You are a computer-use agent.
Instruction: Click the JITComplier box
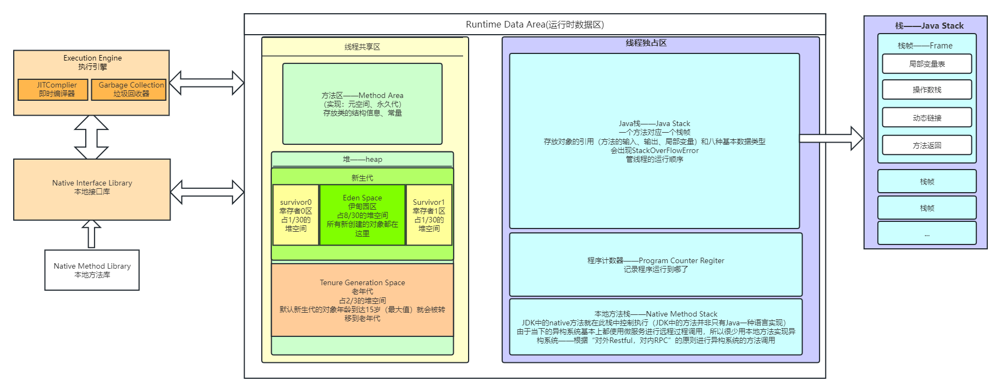pyautogui.click(x=53, y=89)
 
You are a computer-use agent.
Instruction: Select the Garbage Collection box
pyautogui.click(x=129, y=89)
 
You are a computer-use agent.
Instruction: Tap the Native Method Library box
pyautogui.click(x=92, y=270)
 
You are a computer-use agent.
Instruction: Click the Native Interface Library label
pyautogui.click(x=92, y=183)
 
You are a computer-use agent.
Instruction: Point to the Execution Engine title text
pyautogui.click(x=92, y=58)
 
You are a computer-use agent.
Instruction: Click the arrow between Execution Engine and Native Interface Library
pyautogui.click(x=91, y=137)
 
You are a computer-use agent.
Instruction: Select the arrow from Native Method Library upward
pyautogui.click(x=91, y=235)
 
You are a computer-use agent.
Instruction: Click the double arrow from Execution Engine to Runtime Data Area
pyautogui.click(x=206, y=83)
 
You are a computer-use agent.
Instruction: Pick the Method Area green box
pyautogui.click(x=362, y=104)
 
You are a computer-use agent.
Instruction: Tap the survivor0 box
pyautogui.click(x=295, y=215)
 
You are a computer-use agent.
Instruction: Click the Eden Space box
pyautogui.click(x=362, y=215)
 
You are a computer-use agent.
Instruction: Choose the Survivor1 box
pyautogui.click(x=428, y=215)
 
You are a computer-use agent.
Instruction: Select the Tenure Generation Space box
pyautogui.click(x=362, y=300)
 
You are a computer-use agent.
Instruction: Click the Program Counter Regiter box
pyautogui.click(x=656, y=264)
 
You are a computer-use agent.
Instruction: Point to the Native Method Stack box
pyautogui.click(x=656, y=326)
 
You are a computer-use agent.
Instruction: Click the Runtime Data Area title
pyautogui.click(x=535, y=24)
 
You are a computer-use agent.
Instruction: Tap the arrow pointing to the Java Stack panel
pyautogui.click(x=831, y=138)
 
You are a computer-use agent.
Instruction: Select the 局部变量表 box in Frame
pyautogui.click(x=927, y=64)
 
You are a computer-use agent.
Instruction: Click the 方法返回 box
pyautogui.click(x=927, y=145)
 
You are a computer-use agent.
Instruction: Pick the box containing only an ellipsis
pyautogui.click(x=927, y=233)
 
